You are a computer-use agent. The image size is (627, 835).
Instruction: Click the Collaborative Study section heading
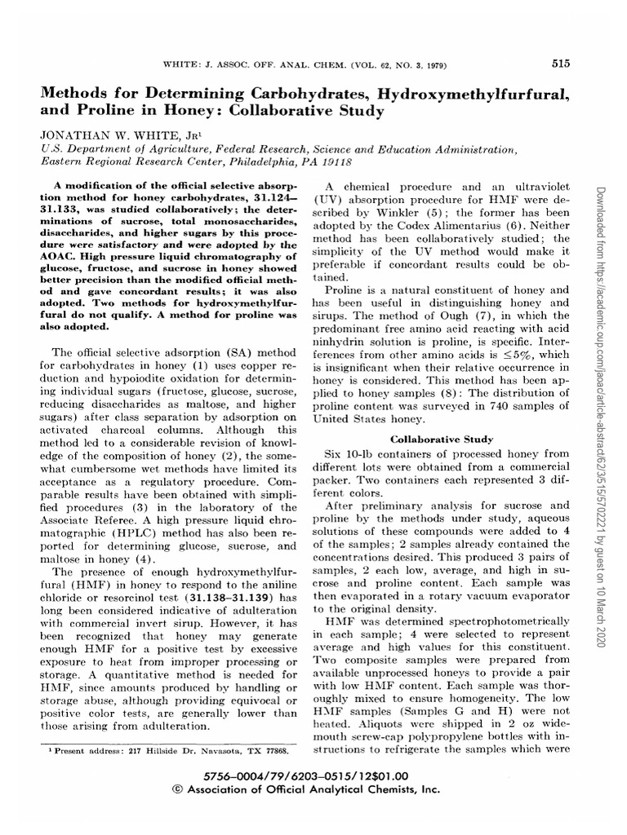click(x=442, y=439)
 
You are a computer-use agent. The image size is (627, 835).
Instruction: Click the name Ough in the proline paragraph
click(x=460, y=316)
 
